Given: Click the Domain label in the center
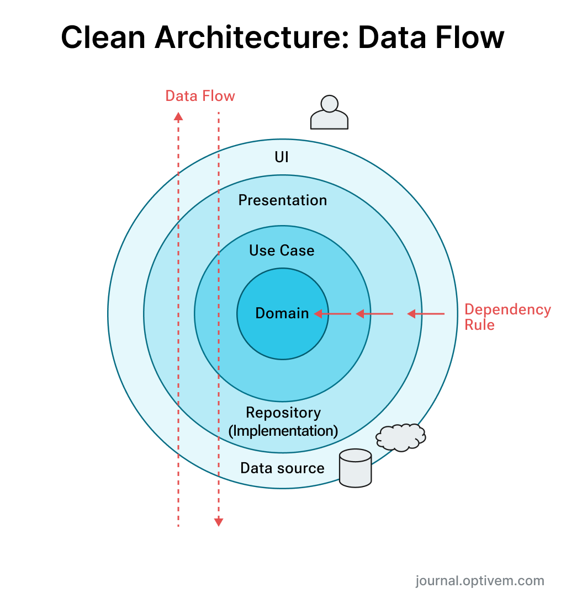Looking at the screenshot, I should [x=282, y=313].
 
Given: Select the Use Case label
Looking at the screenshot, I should [x=282, y=250].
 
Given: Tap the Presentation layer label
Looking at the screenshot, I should [x=282, y=200].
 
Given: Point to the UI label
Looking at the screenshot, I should [x=282, y=157].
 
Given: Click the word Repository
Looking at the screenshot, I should [x=283, y=413].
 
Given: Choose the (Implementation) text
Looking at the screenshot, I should [x=283, y=430].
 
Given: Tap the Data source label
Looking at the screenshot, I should [x=282, y=468].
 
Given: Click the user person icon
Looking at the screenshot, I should [x=329, y=113].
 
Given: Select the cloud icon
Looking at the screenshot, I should [x=401, y=437].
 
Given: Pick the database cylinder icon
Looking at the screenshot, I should [x=355, y=468].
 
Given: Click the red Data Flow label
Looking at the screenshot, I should [x=200, y=96].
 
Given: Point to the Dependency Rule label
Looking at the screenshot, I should [x=507, y=317].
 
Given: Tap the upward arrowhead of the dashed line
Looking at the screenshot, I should [x=178, y=116].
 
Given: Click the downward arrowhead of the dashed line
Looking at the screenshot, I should [x=219, y=521].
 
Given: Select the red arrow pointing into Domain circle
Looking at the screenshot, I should [x=332, y=314].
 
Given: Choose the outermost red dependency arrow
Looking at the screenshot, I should [x=426, y=314].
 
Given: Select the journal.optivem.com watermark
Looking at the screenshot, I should [x=479, y=580].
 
